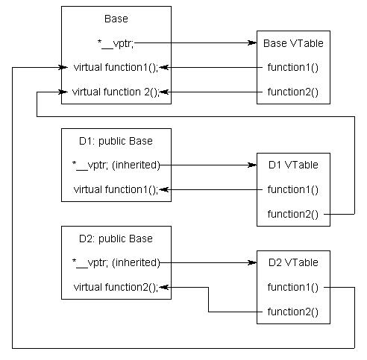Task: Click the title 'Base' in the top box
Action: point(116,17)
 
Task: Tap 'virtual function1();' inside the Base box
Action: point(116,67)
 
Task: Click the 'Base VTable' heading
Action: point(293,42)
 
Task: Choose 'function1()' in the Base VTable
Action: point(293,67)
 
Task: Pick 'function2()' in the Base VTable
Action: point(293,92)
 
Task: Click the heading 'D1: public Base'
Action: point(116,140)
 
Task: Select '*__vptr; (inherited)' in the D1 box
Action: point(116,165)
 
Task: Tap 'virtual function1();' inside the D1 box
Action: point(116,189)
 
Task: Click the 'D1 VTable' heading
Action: point(293,165)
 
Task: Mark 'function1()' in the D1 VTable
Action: point(293,189)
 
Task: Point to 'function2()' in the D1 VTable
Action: point(293,215)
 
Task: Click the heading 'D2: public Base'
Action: point(116,239)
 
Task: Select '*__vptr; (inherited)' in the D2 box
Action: point(116,262)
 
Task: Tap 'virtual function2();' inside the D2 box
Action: point(116,287)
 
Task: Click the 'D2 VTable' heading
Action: point(293,262)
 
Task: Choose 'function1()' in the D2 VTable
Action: point(293,287)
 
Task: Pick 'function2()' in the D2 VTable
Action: point(293,312)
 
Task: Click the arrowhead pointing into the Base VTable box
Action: point(252,42)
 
